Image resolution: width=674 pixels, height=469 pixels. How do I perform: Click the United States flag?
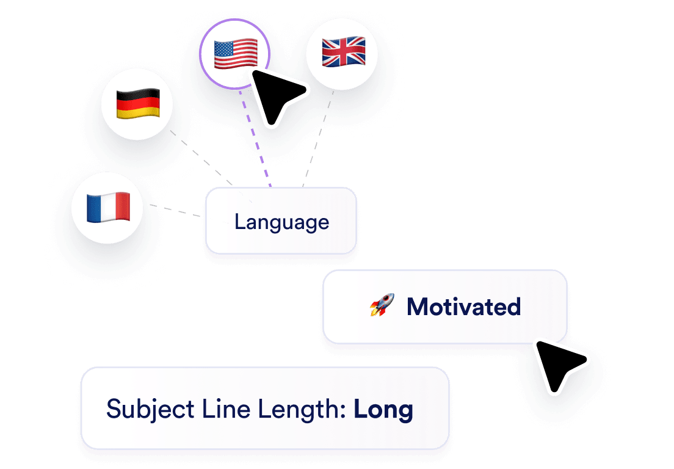coord(236,53)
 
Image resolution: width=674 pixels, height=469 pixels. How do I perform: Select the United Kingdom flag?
coord(344,51)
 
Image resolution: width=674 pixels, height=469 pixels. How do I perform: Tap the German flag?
coord(138,104)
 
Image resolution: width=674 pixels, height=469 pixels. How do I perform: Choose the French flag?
coord(108,207)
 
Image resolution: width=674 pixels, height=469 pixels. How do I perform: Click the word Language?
coord(281,222)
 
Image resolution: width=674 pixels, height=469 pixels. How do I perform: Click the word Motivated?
coord(464,307)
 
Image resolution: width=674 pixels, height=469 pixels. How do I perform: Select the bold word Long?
coord(383,409)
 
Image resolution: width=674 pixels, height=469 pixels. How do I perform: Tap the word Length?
coord(302,409)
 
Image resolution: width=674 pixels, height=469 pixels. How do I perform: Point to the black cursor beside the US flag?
coord(278,96)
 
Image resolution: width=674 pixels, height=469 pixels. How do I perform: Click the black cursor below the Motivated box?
coord(560,365)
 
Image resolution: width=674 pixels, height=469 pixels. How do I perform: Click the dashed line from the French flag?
coord(175,211)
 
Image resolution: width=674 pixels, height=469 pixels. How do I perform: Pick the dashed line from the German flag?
coord(201,158)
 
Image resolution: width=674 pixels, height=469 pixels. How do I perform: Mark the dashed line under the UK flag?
coord(318,139)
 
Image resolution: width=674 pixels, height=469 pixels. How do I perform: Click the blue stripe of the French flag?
coord(94,208)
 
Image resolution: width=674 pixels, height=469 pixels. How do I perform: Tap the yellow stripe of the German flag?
coord(138,113)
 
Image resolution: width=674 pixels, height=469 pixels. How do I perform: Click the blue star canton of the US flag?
coord(223,48)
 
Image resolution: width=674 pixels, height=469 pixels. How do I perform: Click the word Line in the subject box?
coord(226,409)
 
